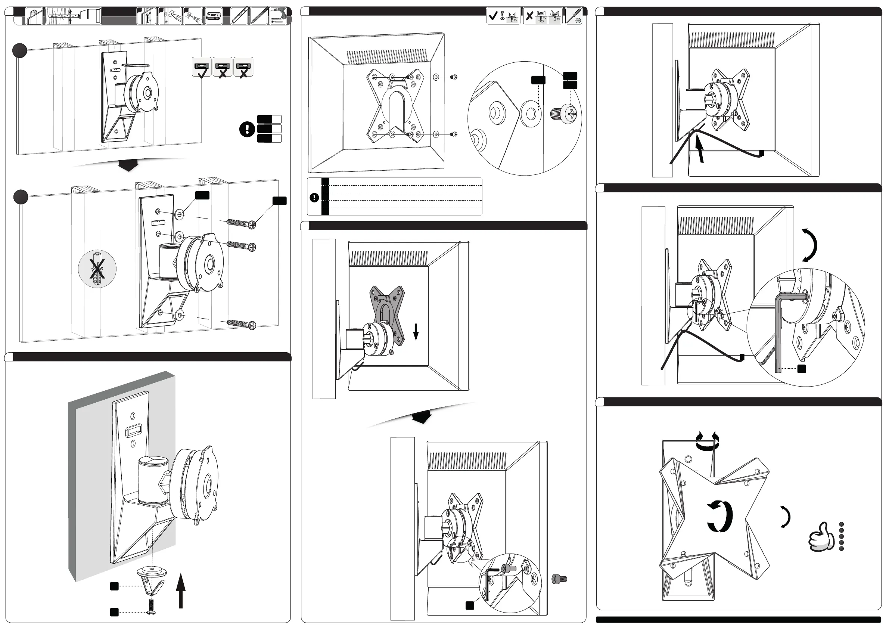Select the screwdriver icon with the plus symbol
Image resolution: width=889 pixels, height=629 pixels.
click(574, 16)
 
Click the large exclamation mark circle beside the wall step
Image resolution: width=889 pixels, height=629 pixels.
click(247, 129)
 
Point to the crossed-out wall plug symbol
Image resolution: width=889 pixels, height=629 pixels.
click(97, 269)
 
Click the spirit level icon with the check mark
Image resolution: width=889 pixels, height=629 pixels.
click(202, 67)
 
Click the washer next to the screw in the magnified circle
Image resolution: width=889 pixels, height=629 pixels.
click(531, 114)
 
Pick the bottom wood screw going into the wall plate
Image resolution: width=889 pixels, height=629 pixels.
click(241, 323)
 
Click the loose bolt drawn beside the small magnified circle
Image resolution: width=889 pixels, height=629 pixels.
click(559, 579)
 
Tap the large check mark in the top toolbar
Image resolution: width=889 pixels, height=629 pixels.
click(493, 16)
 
